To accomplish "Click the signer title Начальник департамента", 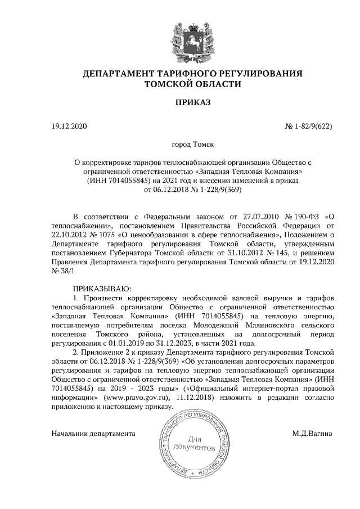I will click(93, 434).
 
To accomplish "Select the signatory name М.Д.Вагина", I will click(312, 434).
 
